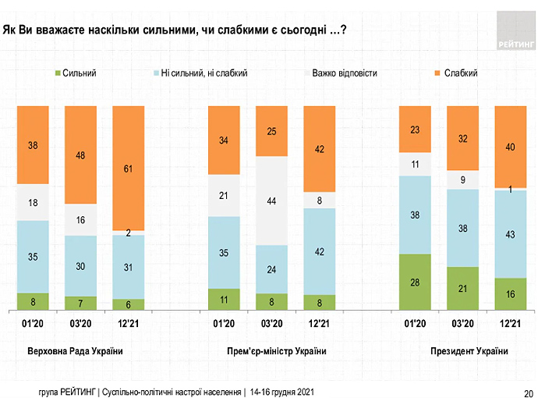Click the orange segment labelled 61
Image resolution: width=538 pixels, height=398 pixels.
pyautogui.click(x=129, y=167)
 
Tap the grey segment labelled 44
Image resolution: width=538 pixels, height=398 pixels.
pyautogui.click(x=271, y=201)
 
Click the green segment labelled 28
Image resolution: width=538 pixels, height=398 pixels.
pyautogui.click(x=414, y=282)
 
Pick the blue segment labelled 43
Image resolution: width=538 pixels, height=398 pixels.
pyautogui.click(x=511, y=233)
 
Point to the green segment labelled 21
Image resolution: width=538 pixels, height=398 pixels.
pyautogui.click(x=462, y=289)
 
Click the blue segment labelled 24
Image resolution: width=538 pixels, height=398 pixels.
pyautogui.click(x=271, y=269)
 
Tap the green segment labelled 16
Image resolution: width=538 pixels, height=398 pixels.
pyautogui.click(x=511, y=294)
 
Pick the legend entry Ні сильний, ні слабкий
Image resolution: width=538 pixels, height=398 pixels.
pyautogui.click(x=204, y=73)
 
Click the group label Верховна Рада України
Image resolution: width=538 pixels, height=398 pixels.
pyautogui.click(x=75, y=352)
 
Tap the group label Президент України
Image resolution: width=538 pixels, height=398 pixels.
pyautogui.click(x=469, y=352)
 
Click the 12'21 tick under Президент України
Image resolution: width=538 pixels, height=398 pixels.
pyautogui.click(x=511, y=323)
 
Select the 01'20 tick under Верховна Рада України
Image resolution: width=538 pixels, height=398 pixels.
pyautogui.click(x=32, y=323)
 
